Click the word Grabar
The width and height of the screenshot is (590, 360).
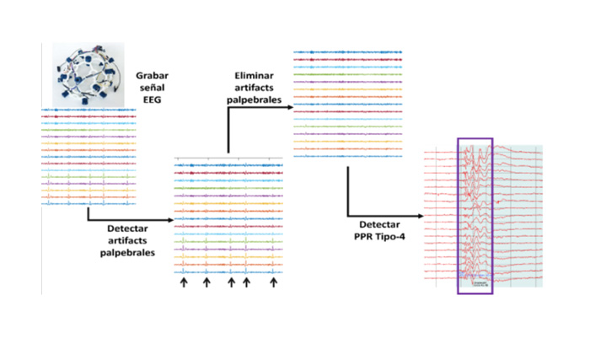coord(152,76)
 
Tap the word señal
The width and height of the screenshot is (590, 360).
coord(152,88)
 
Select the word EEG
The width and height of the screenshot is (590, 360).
coord(152,99)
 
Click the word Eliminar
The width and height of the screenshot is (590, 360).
coord(254,76)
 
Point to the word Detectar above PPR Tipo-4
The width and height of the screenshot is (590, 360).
coord(379,225)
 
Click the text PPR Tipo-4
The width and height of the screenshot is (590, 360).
coord(379,237)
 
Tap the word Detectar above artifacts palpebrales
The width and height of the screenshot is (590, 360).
coord(127,228)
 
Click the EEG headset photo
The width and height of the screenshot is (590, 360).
coord(88,74)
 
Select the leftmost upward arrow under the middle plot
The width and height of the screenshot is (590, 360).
coord(184,282)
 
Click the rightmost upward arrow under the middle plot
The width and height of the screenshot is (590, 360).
coord(274,282)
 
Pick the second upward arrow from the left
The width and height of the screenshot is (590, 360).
coord(206,282)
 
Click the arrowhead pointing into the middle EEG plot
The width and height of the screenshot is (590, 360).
coord(170,220)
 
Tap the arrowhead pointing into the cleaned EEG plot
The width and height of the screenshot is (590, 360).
coord(290,107)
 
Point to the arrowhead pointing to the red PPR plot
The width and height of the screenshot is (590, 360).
coord(421,216)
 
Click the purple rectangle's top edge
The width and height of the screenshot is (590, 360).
coord(475,138)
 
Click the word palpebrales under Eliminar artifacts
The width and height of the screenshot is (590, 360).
coord(254,99)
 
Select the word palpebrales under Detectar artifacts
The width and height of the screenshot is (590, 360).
coord(127,252)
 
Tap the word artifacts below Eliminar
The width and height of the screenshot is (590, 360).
coord(254,88)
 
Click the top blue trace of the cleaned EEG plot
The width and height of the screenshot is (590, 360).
coord(347,52)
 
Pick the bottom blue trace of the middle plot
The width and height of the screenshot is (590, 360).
coord(228,271)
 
